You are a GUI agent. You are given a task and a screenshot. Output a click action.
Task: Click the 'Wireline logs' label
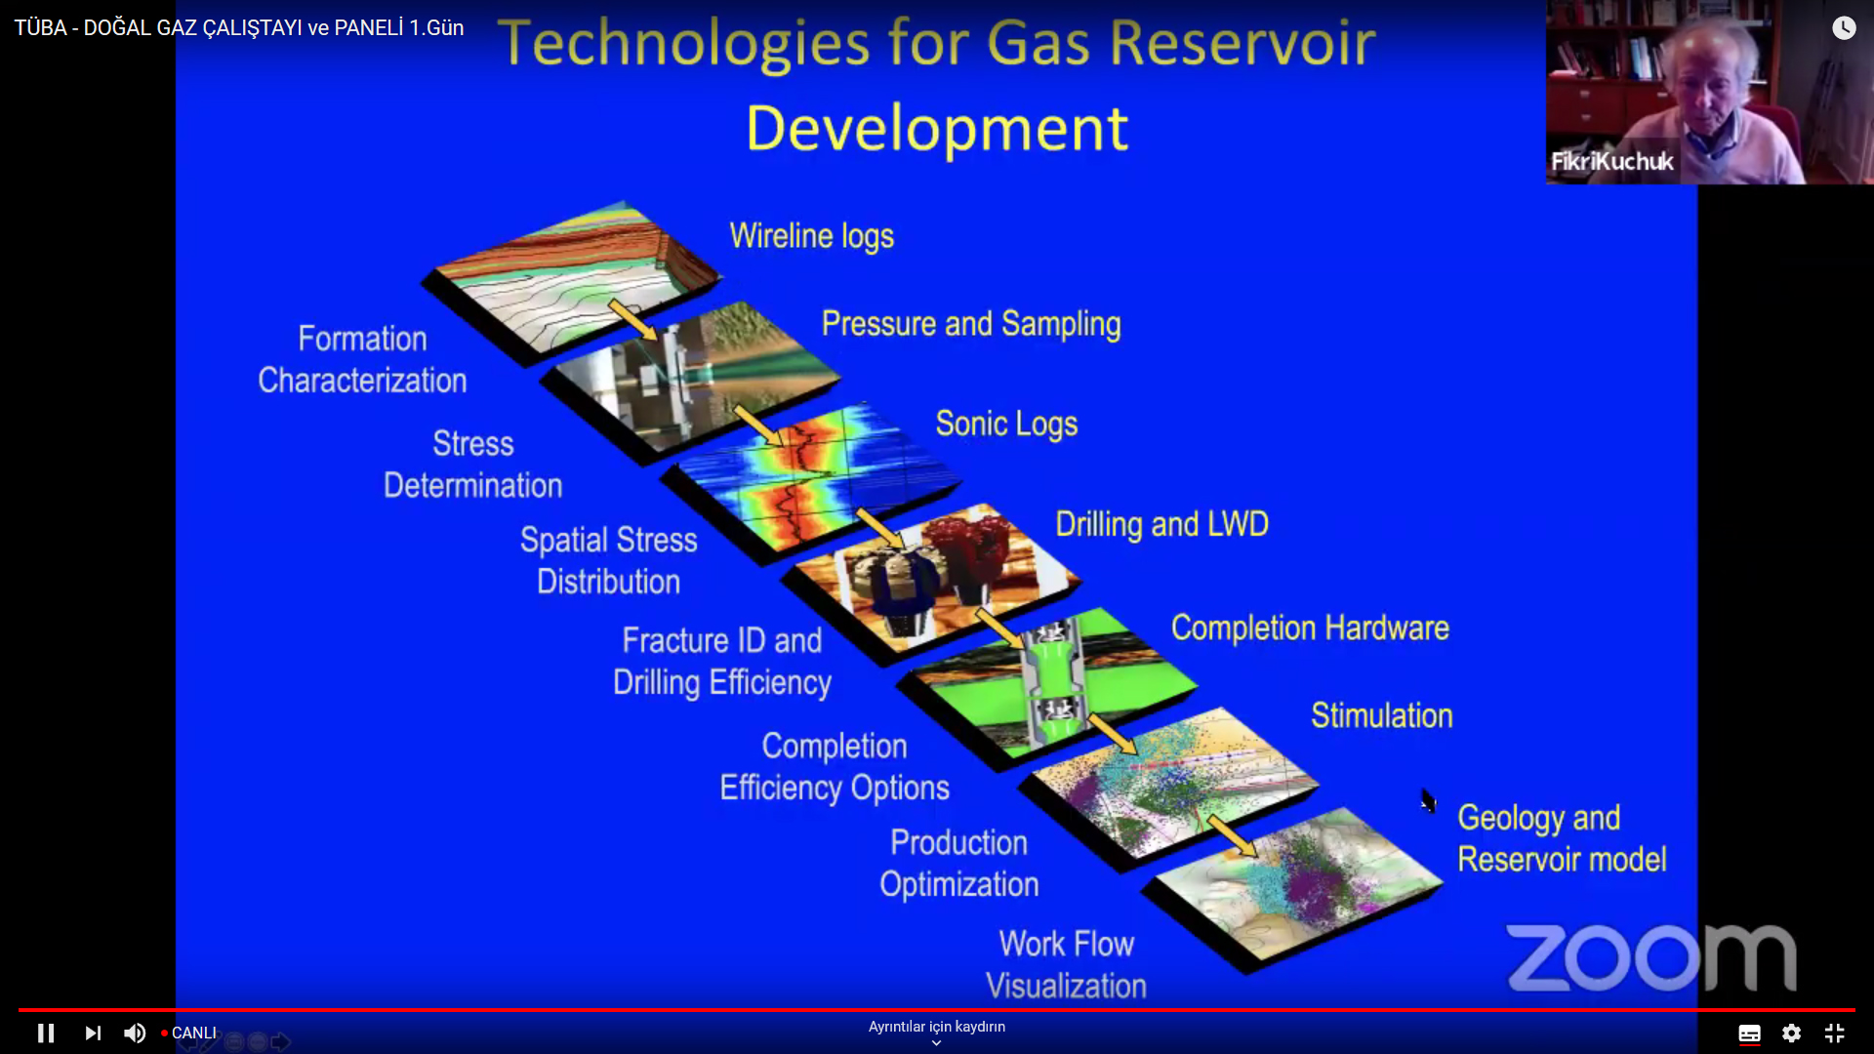tap(812, 236)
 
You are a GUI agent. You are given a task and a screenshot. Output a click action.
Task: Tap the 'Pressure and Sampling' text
tap(971, 324)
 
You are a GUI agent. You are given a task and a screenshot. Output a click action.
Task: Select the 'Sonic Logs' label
tap(1006, 424)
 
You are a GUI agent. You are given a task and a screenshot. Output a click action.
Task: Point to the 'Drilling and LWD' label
tap(1161, 524)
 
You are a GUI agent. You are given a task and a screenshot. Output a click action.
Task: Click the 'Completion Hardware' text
tap(1310, 628)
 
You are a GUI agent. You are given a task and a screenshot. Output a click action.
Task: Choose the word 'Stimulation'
tap(1381, 715)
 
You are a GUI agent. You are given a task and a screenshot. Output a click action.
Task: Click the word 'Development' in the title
tap(937, 128)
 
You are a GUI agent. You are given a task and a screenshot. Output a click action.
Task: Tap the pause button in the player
tap(46, 1033)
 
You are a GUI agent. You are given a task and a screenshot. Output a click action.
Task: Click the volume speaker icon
tap(135, 1033)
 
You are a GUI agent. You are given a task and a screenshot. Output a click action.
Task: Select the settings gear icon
tap(1791, 1033)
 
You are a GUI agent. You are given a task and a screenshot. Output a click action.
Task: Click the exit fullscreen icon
tap(1835, 1033)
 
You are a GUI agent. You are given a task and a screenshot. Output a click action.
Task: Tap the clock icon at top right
tap(1844, 27)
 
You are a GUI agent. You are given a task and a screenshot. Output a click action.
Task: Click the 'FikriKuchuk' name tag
tap(1612, 161)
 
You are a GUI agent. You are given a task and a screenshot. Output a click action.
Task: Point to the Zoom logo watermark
tap(1651, 957)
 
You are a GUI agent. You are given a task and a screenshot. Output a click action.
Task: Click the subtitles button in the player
tap(1749, 1033)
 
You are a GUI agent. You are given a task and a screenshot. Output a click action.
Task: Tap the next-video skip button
tap(93, 1033)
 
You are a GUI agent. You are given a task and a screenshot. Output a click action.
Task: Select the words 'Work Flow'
tap(1066, 944)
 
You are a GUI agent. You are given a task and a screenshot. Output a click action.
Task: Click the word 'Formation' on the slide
tap(362, 339)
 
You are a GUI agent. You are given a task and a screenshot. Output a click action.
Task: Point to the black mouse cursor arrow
tap(1428, 800)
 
